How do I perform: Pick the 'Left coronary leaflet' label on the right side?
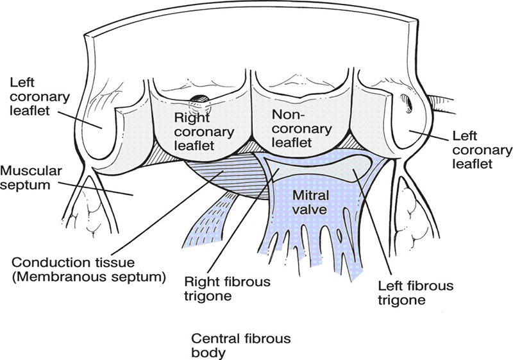(480, 150)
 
